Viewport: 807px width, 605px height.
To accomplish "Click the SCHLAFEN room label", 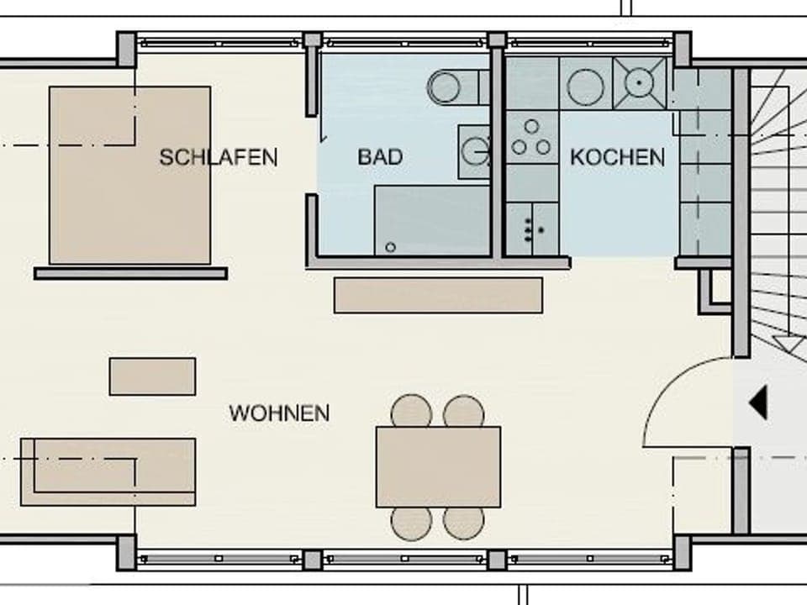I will (x=219, y=157).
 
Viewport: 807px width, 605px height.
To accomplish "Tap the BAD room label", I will (x=380, y=157).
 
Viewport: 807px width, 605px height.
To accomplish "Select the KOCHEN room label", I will (x=617, y=157).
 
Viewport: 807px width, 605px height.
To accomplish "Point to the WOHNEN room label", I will (x=279, y=413).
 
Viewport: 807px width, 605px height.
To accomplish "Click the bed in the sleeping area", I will (x=130, y=175).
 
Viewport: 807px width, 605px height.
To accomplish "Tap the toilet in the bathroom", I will (x=451, y=87).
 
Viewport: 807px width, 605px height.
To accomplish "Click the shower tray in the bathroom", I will (x=431, y=220).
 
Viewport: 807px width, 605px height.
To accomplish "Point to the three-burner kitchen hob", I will (x=531, y=139).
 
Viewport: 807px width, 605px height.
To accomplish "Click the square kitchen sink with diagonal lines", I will (x=640, y=83).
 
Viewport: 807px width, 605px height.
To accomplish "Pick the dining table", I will (x=438, y=466).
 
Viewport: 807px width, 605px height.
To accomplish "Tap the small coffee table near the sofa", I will (x=152, y=376).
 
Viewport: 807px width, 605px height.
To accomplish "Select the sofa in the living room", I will (x=108, y=471).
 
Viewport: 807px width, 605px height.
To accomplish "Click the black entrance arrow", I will (x=758, y=402).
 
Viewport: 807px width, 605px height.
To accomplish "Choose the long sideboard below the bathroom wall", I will (x=438, y=295).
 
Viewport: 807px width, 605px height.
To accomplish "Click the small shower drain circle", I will (x=390, y=247).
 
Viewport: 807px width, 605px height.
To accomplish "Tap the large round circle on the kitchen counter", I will (x=585, y=87).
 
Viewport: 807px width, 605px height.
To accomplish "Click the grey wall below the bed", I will (x=130, y=273).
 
